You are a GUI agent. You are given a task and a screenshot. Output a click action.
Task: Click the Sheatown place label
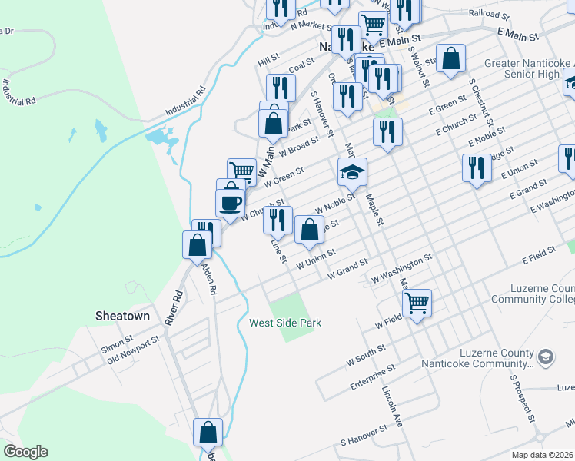coord(122,316)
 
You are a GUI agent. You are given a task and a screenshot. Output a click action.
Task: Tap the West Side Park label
coord(284,323)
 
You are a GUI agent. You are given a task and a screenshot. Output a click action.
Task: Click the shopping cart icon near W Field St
coord(417,303)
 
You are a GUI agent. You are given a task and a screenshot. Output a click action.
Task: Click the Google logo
coord(25,452)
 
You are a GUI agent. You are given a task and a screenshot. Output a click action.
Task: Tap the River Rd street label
coord(178,305)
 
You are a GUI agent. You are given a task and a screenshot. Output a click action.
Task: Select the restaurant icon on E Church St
coord(388,132)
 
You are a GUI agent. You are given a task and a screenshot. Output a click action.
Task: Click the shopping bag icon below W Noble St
coord(308,230)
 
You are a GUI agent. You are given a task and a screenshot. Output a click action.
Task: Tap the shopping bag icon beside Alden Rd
coord(197,244)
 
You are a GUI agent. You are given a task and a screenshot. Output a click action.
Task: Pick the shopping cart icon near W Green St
coord(241,171)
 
